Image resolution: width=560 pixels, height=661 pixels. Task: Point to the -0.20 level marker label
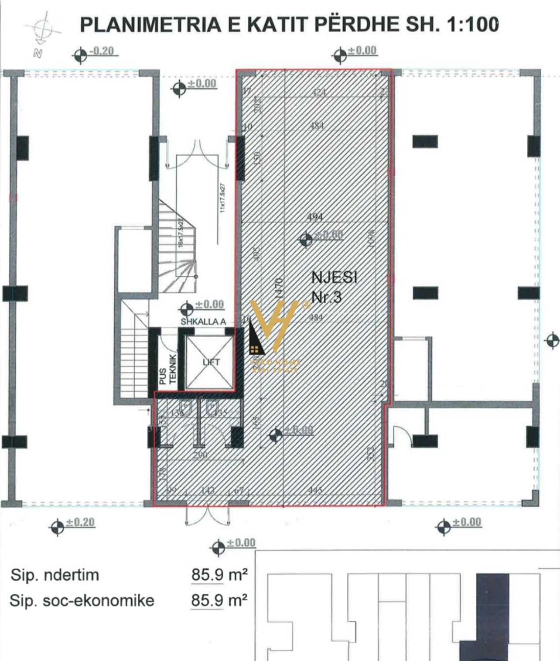pos(102,51)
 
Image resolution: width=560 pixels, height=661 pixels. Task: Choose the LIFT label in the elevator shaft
pos(211,362)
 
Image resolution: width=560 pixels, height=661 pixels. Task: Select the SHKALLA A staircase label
pos(204,322)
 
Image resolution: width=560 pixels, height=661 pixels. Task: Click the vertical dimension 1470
pos(279,288)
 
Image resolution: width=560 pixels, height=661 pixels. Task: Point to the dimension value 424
pos(319,92)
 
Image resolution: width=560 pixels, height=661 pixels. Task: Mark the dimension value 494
pos(315,216)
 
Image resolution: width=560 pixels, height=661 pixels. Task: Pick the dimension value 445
pos(315,490)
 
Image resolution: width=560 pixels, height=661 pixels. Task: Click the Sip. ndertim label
pos(55,575)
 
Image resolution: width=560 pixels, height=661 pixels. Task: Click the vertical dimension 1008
pos(371,239)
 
